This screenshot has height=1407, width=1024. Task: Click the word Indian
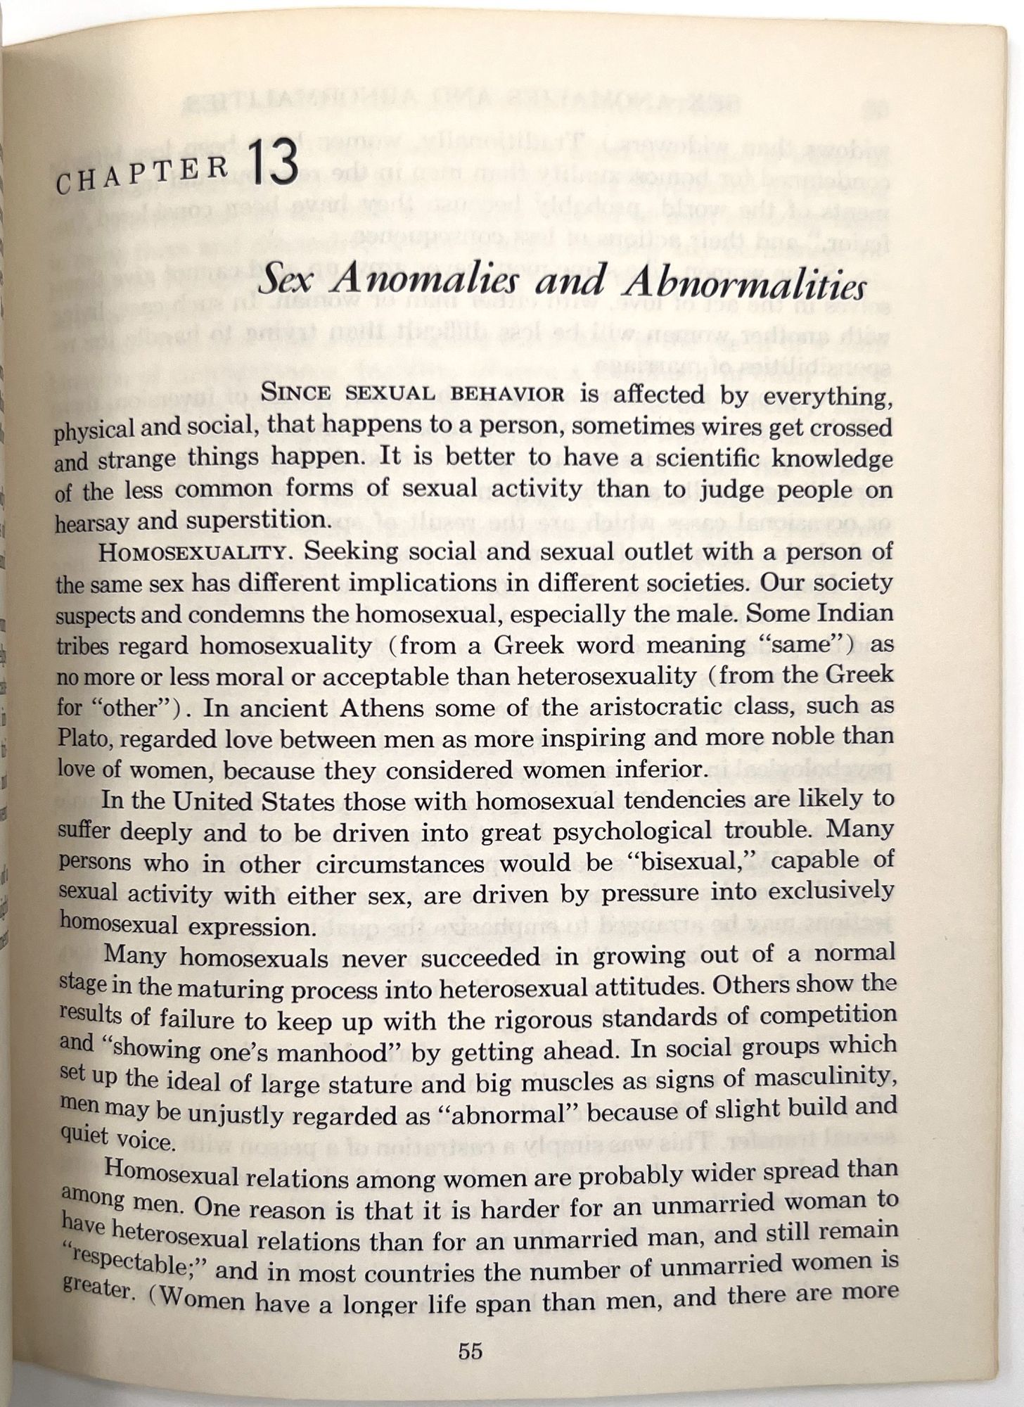(x=855, y=613)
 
